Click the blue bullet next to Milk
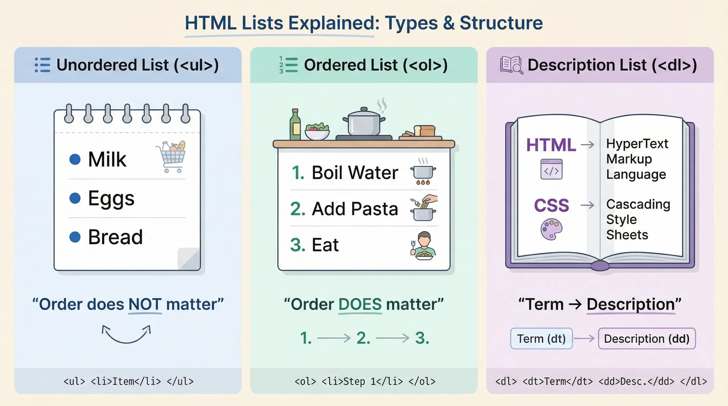pyautogui.click(x=75, y=159)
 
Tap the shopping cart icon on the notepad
pyautogui.click(x=171, y=157)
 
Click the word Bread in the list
pyautogui.click(x=115, y=237)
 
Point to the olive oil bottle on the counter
pyautogui.click(x=295, y=124)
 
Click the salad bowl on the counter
pyautogui.click(x=317, y=132)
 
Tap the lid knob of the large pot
pyautogui.click(x=364, y=109)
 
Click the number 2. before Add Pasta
pyautogui.click(x=298, y=209)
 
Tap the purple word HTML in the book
pyautogui.click(x=551, y=145)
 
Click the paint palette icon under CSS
pyautogui.click(x=551, y=229)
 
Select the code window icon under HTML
pyautogui.click(x=551, y=169)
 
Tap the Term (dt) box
pyautogui.click(x=541, y=339)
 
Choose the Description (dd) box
pyautogui.click(x=647, y=339)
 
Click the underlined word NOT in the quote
pyautogui.click(x=145, y=304)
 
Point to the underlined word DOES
pyautogui.click(x=360, y=304)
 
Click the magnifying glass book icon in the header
pyautogui.click(x=511, y=65)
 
